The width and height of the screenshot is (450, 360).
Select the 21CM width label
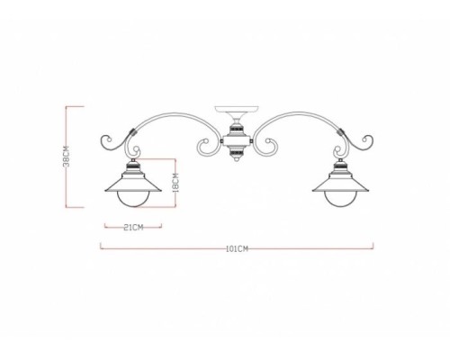132,228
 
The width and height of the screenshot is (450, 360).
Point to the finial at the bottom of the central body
236,162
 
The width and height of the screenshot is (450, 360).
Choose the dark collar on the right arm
338,134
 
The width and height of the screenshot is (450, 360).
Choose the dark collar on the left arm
133,134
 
